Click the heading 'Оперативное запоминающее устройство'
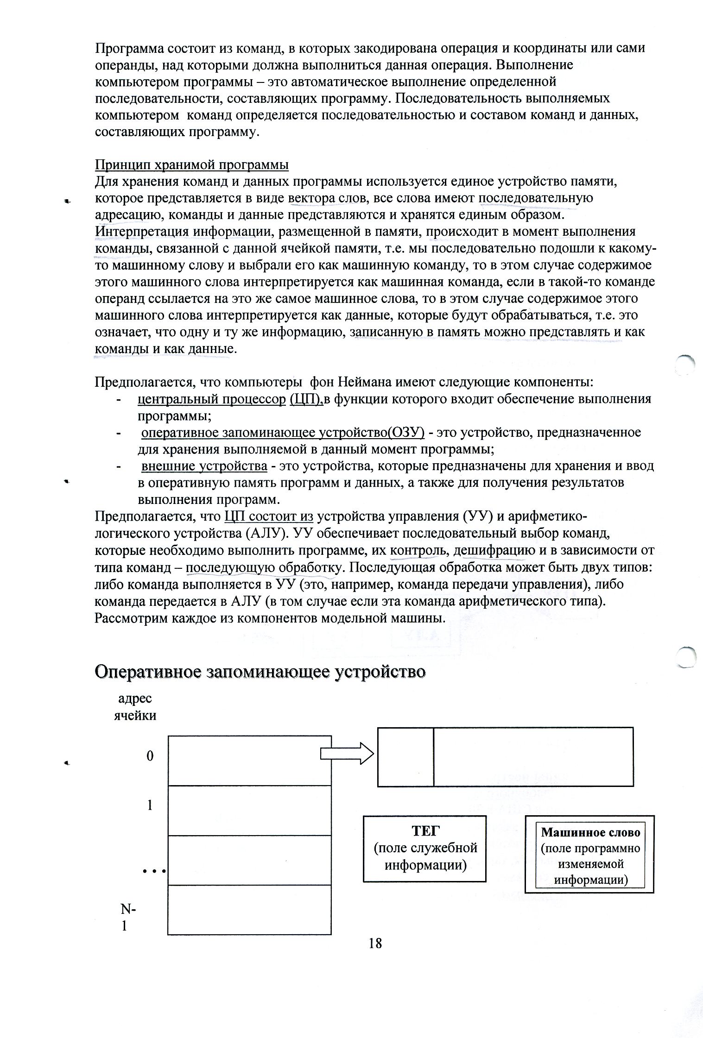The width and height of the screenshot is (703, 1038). tap(260, 672)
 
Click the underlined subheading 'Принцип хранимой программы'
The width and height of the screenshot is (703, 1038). tap(192, 165)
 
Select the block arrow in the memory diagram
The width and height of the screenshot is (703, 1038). tap(347, 755)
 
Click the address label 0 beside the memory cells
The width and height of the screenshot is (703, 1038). tap(150, 756)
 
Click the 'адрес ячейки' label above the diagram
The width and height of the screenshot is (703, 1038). tap(135, 706)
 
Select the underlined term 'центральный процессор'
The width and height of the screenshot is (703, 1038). tap(212, 399)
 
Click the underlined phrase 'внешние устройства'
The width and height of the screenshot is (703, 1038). tap(204, 466)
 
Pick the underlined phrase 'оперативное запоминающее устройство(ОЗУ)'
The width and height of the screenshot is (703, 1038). tap(283, 432)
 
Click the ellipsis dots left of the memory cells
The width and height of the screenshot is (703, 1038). tap(154, 871)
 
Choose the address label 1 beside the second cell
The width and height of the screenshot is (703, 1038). tap(150, 805)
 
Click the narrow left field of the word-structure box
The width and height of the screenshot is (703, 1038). tap(405, 757)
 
